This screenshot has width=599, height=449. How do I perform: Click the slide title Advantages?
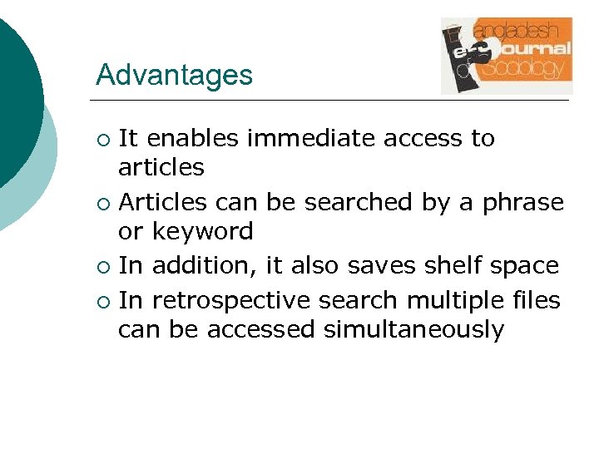pyautogui.click(x=174, y=75)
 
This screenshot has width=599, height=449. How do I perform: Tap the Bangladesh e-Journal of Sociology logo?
pyautogui.click(x=506, y=56)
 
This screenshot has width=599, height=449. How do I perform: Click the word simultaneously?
pyautogui.click(x=413, y=330)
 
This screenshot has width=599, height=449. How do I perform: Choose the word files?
pyautogui.click(x=537, y=299)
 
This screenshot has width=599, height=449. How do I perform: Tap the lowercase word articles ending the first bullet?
pyautogui.click(x=161, y=168)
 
